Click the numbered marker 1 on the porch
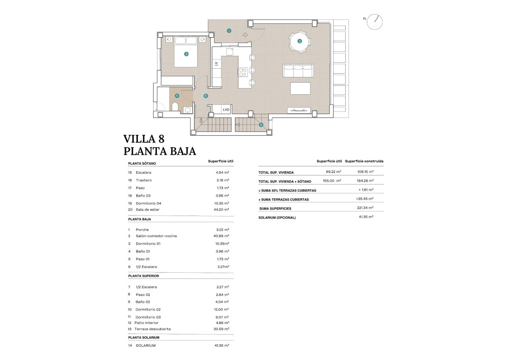tap(229, 31)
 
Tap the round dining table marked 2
tap(299, 41)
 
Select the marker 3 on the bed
tap(186, 54)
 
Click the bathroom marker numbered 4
tap(177, 96)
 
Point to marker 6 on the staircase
tap(261, 125)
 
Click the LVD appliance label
tap(226, 110)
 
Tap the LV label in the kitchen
tap(216, 64)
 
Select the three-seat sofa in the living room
tap(298, 71)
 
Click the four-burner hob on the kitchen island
tap(243, 72)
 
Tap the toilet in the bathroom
tap(175, 108)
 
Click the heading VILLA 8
tap(144, 139)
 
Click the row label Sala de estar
tap(147, 209)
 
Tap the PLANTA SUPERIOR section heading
tap(144, 276)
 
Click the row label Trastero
tap(144, 180)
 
